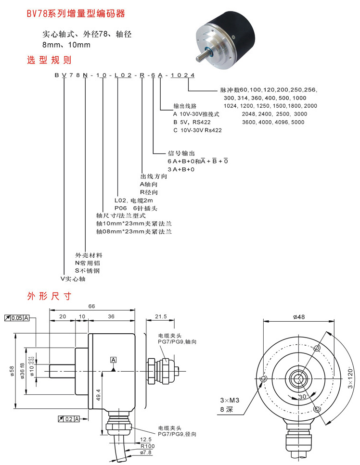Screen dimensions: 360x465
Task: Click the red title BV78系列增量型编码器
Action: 76,13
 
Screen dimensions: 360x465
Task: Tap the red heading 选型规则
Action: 49,60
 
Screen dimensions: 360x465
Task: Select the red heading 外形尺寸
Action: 49,296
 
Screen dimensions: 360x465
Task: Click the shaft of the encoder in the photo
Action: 203,56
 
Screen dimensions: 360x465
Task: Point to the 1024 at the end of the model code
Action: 182,75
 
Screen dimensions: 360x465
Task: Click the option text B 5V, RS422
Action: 192,122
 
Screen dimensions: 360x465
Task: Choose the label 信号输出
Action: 181,153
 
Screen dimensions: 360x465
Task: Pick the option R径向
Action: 149,192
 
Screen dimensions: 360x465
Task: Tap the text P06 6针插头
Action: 136,208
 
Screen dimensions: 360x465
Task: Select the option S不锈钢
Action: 87,271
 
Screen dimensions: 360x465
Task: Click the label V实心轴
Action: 73,279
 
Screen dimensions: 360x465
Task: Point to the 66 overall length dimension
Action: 92,306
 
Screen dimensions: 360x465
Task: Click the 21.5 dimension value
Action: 161,316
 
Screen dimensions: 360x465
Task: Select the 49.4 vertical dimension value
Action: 98,395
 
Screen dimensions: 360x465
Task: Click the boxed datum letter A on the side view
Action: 114,360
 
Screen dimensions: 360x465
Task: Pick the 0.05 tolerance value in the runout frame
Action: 17,318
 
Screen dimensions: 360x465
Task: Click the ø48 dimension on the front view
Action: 299,317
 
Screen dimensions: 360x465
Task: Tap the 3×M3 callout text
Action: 230,401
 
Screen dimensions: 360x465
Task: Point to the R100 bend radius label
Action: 147,446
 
